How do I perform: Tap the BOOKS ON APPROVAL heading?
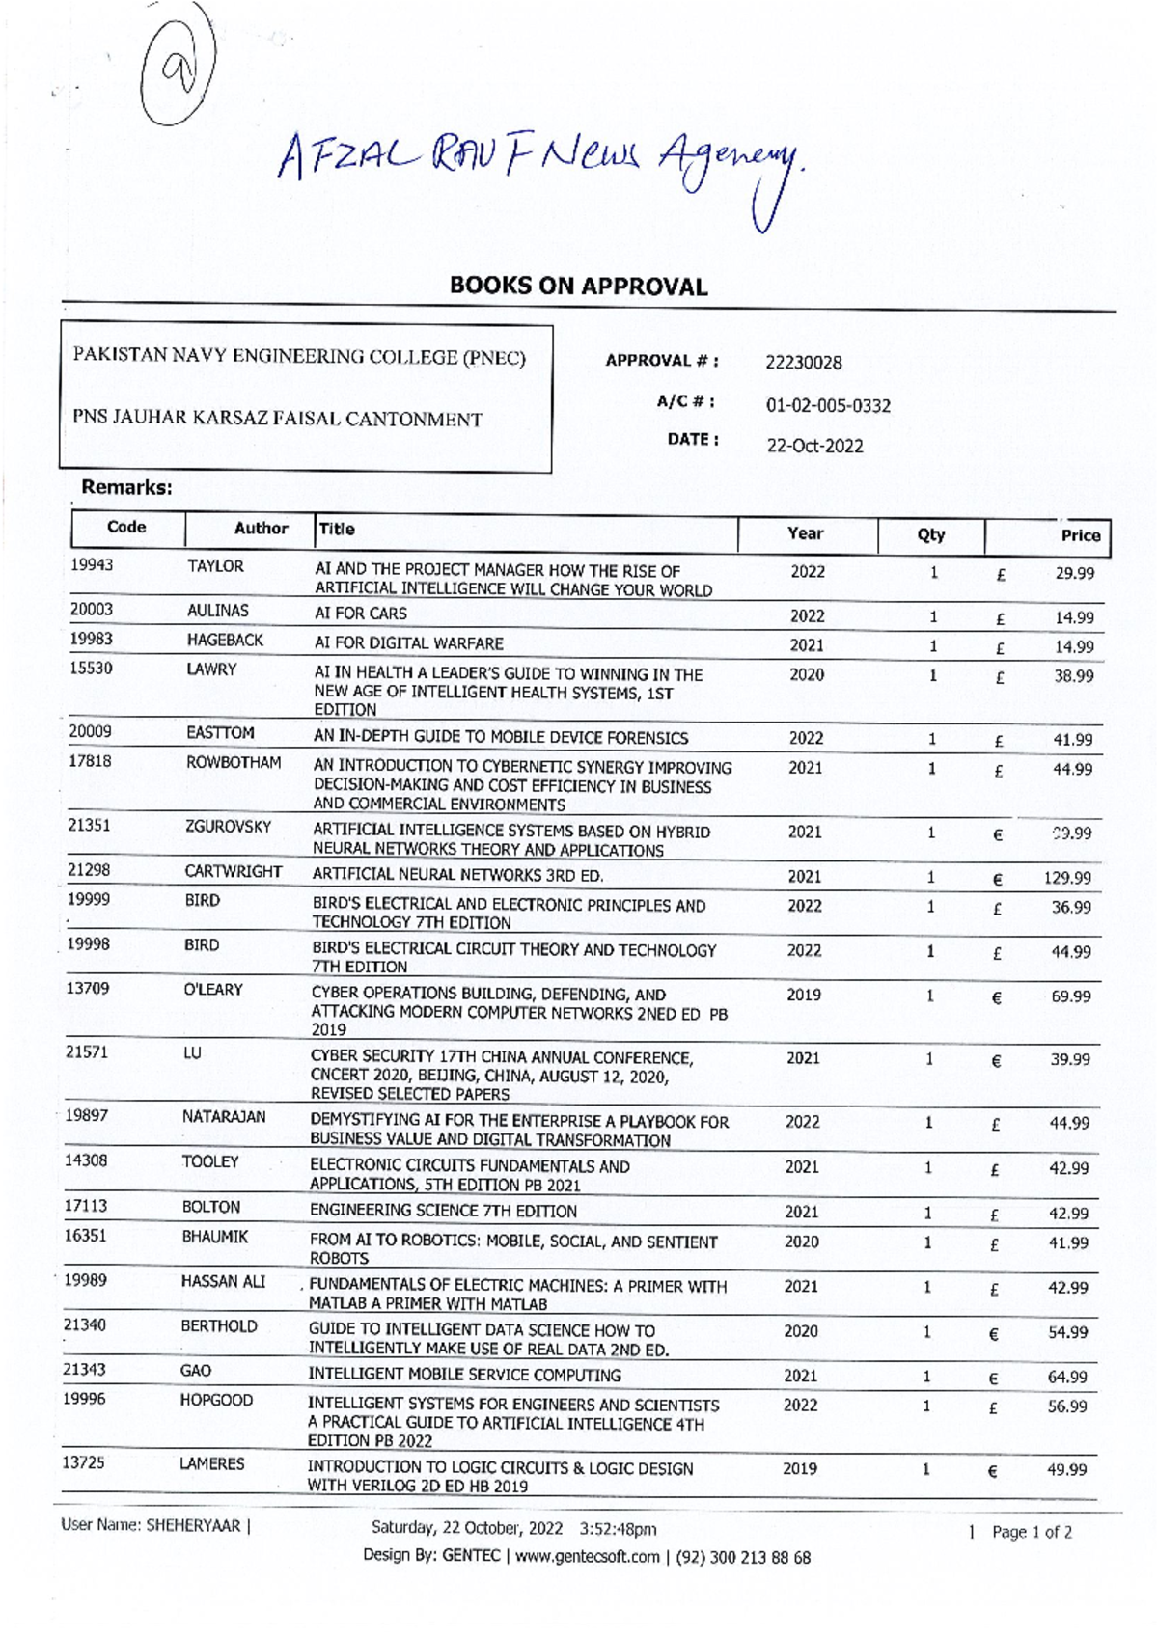[x=578, y=286]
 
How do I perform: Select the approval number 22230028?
[x=803, y=363]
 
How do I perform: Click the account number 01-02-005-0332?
[x=827, y=405]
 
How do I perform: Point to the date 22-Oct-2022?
[x=814, y=446]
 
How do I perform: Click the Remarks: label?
[x=126, y=487]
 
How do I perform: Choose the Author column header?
[x=261, y=528]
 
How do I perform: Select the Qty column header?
[x=930, y=534]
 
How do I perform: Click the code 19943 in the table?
[x=92, y=564]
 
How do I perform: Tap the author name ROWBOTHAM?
[x=234, y=762]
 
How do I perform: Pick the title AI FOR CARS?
[x=361, y=614]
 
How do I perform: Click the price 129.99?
[x=1067, y=878]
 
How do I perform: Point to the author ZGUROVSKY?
[x=228, y=827]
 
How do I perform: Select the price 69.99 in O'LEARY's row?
[x=1070, y=996]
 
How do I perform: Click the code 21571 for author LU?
[x=87, y=1051]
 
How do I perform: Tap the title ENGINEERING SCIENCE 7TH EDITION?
[x=443, y=1211]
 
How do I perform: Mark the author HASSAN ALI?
[x=223, y=1281]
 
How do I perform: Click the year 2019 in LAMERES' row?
[x=799, y=1468]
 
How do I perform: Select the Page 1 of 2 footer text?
[x=1031, y=1532]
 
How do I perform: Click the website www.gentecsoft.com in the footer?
[x=587, y=1556]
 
